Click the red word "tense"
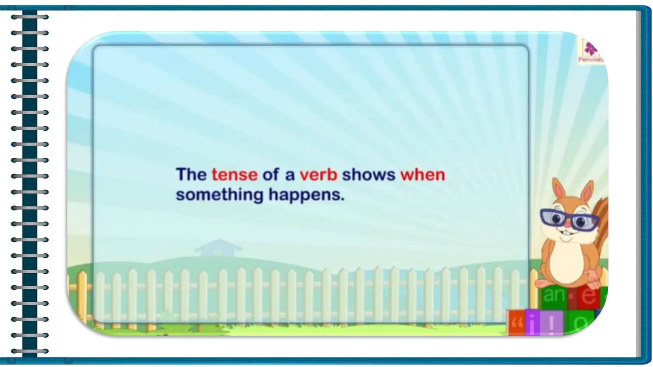tap(235, 175)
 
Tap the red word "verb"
tap(318, 175)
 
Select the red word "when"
tap(422, 175)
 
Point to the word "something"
tap(220, 195)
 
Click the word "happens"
tap(306, 195)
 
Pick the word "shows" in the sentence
tap(369, 175)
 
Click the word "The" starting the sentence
tap(191, 175)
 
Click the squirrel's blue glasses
tap(569, 219)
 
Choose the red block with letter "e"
tap(587, 296)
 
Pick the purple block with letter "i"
tap(533, 322)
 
